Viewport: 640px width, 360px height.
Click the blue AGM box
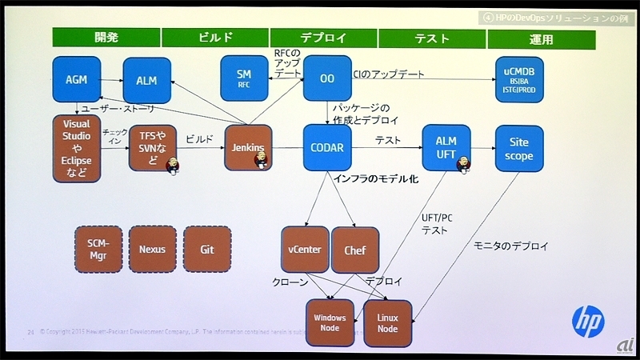(76, 80)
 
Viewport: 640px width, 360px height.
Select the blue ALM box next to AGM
(146, 80)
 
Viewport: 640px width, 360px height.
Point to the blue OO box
(327, 78)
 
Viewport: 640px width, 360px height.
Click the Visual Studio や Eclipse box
(77, 149)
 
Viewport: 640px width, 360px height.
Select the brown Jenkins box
(248, 148)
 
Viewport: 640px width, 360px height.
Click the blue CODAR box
(327, 147)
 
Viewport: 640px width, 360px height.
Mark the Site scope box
(519, 147)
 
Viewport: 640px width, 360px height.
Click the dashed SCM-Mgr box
(98, 249)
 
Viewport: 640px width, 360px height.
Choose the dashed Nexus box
(152, 249)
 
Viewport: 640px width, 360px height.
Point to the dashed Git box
(206, 249)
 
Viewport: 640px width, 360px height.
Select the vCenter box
(305, 250)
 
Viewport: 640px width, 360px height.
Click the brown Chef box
(354, 250)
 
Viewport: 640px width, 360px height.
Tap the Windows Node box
(330, 323)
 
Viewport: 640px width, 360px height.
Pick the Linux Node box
(387, 323)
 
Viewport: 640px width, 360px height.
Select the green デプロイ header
(322, 38)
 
